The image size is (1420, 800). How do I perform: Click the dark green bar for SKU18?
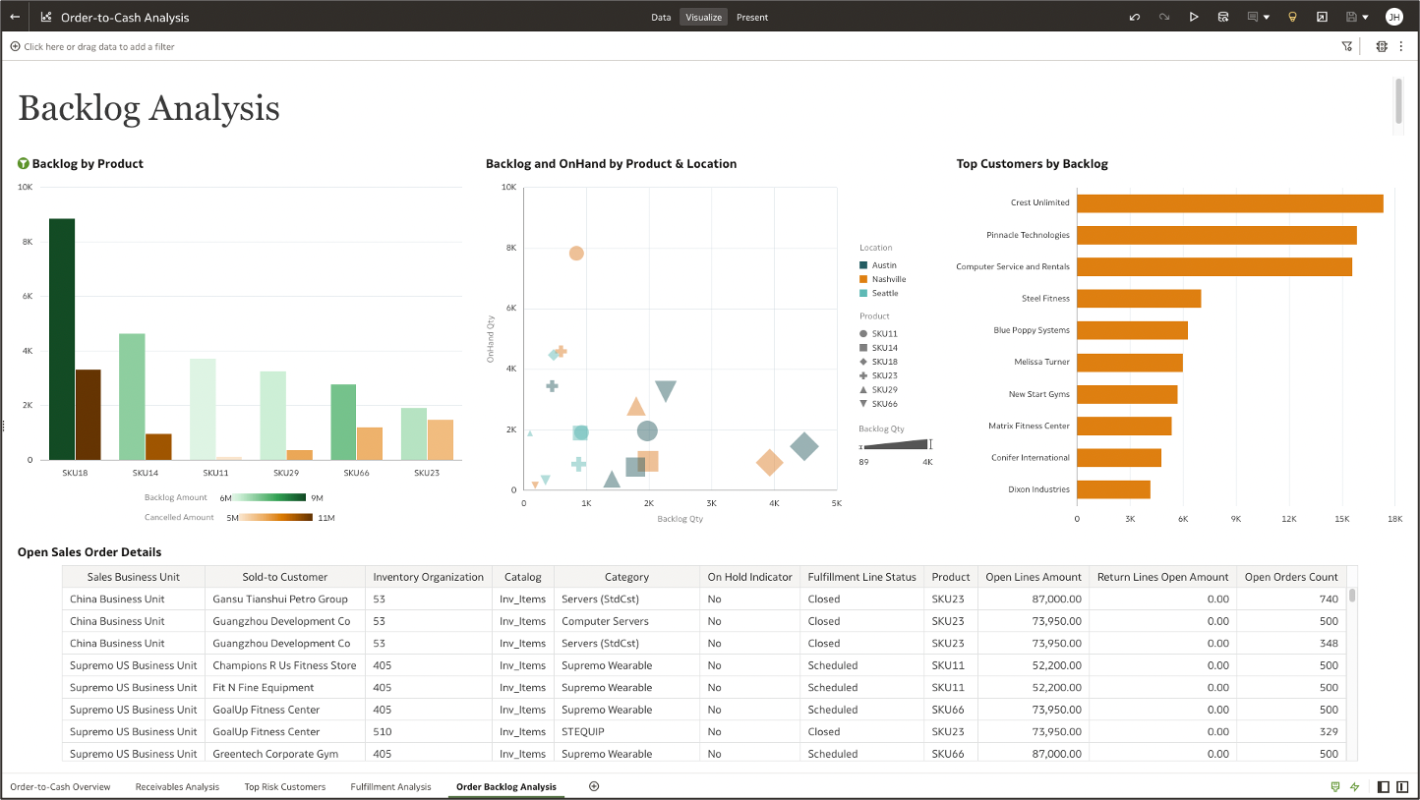point(62,339)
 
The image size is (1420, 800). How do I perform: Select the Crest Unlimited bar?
point(1229,203)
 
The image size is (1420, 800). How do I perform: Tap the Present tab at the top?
point(752,17)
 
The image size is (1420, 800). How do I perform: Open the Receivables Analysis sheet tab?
point(177,786)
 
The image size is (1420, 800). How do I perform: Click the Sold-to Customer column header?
point(285,577)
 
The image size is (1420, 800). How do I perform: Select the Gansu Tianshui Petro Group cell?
point(280,599)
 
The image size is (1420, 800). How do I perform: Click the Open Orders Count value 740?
point(1329,599)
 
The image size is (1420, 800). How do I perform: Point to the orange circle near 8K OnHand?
point(576,254)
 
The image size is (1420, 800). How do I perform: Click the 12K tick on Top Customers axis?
point(1289,518)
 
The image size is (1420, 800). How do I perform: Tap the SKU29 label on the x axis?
point(286,473)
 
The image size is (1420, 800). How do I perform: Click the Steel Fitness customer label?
point(1045,298)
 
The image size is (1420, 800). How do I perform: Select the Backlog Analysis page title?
point(148,108)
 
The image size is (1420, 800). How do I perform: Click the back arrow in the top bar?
point(15,17)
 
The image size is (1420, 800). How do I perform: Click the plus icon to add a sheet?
point(594,786)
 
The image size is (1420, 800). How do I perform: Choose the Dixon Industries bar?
point(1113,489)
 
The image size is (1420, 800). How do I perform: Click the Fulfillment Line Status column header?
point(861,577)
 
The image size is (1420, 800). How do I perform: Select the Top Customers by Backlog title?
point(1032,164)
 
